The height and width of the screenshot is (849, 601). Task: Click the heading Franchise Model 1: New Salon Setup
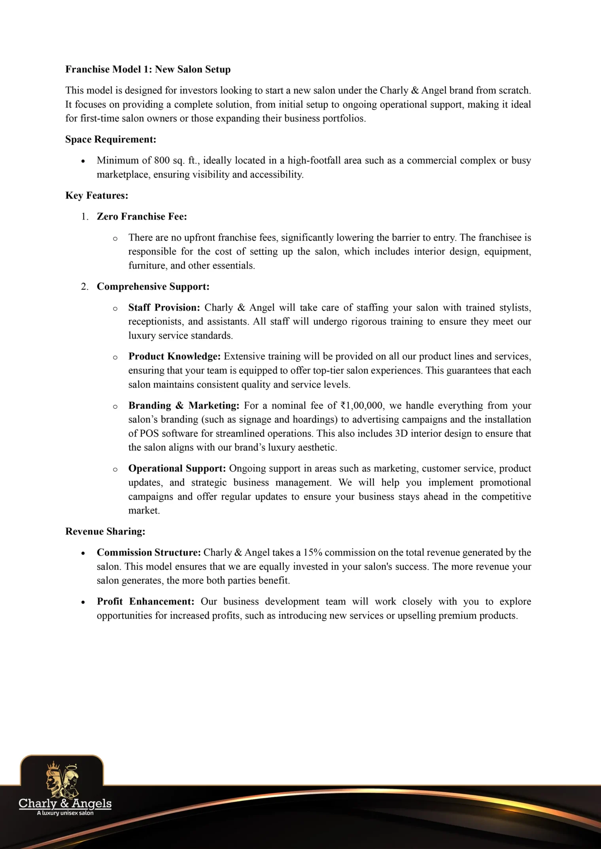click(x=148, y=69)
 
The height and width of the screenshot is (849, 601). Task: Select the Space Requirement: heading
click(x=111, y=139)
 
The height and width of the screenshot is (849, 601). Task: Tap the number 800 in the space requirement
click(x=162, y=160)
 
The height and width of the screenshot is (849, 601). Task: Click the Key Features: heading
click(x=97, y=195)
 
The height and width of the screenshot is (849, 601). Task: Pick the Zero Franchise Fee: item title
click(x=142, y=216)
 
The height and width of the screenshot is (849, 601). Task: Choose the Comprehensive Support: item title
click(x=153, y=286)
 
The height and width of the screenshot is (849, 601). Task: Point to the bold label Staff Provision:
click(x=164, y=308)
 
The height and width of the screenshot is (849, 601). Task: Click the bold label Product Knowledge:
click(x=174, y=357)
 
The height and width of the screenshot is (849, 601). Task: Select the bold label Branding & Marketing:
click(x=184, y=406)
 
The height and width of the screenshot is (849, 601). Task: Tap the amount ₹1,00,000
click(x=361, y=406)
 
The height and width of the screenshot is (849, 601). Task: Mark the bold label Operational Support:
click(x=177, y=468)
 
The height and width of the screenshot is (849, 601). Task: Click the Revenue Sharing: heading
click(x=105, y=532)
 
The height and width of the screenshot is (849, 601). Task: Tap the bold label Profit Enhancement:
click(x=146, y=601)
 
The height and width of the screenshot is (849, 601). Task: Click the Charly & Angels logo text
click(x=65, y=803)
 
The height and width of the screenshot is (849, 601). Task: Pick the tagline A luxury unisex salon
click(x=65, y=813)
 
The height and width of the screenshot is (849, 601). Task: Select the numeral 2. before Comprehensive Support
click(x=85, y=287)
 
